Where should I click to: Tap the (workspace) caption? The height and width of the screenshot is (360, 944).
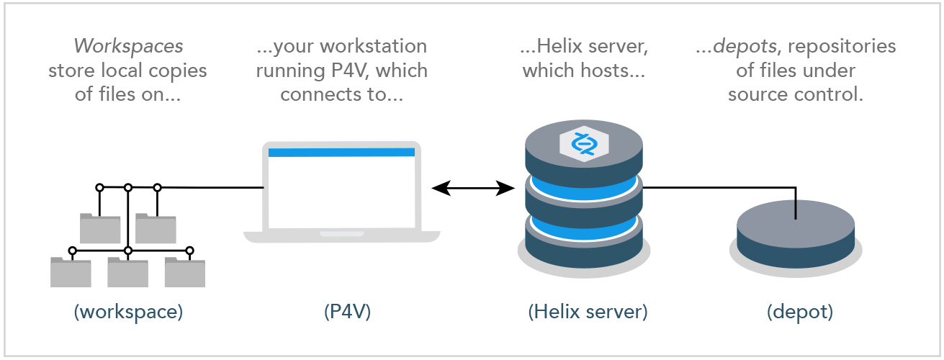[x=128, y=312]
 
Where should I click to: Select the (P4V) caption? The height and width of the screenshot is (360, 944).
[x=343, y=312]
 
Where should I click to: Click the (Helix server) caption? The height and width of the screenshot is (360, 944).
[x=588, y=312]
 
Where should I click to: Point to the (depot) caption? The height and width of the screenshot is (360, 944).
[x=799, y=312]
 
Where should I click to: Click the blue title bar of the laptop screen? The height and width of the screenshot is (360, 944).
[x=342, y=152]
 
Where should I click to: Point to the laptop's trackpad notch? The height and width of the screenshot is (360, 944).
[x=341, y=234]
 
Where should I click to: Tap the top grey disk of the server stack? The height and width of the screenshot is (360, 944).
[x=584, y=155]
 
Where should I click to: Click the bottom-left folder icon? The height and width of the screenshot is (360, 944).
[x=71, y=271]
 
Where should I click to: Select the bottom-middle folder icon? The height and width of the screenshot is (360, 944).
[x=127, y=271]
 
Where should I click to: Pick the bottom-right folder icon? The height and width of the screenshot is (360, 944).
[x=184, y=271]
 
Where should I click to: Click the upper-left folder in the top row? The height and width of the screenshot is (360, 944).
[x=100, y=228]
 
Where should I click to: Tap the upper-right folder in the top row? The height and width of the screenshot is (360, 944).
[x=156, y=228]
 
